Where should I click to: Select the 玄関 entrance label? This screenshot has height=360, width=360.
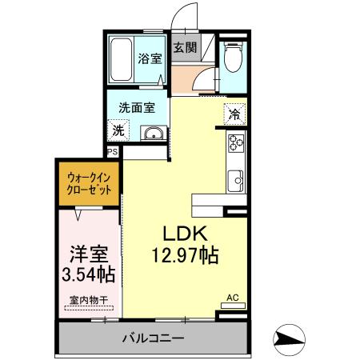(x=186, y=47)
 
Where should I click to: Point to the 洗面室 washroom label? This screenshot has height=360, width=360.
(x=137, y=107)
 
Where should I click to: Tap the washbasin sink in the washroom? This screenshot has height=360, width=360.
(x=152, y=134)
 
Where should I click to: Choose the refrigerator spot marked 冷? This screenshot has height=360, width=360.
(x=234, y=114)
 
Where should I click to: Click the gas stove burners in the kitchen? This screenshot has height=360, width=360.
(x=235, y=144)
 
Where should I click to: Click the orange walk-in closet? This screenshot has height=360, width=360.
(x=88, y=182)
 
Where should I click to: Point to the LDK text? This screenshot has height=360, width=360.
(x=186, y=234)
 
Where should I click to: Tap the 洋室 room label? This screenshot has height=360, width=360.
(x=87, y=254)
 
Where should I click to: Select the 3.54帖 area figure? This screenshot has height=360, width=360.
(x=87, y=275)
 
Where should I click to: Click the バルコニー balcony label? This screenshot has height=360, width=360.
(x=153, y=338)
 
